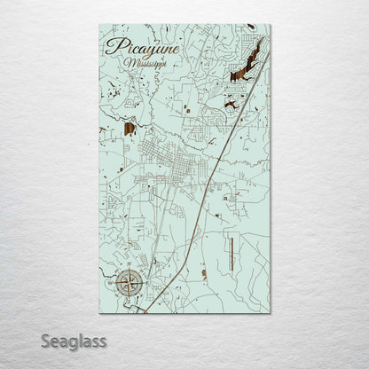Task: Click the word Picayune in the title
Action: [x=141, y=48]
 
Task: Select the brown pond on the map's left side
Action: [x=130, y=128]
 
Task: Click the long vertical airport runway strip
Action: [x=230, y=255]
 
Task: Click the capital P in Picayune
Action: [x=111, y=48]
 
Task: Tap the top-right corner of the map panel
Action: [x=271, y=26]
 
